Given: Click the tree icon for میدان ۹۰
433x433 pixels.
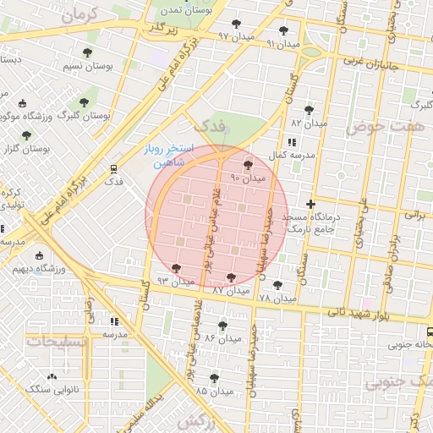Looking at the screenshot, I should tap(248, 165).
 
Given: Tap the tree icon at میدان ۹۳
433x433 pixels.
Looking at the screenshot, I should tap(175, 268).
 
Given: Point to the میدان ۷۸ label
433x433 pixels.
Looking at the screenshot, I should tap(277, 299).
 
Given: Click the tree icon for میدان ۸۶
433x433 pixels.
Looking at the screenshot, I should tap(222, 325).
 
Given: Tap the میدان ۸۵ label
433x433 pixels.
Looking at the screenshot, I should tap(213, 392).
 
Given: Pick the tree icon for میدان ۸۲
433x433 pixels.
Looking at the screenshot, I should tap(308, 109).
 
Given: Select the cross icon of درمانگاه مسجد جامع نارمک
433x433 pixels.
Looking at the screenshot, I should tap(311, 204).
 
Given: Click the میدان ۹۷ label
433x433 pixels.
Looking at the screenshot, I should tap(236, 36).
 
